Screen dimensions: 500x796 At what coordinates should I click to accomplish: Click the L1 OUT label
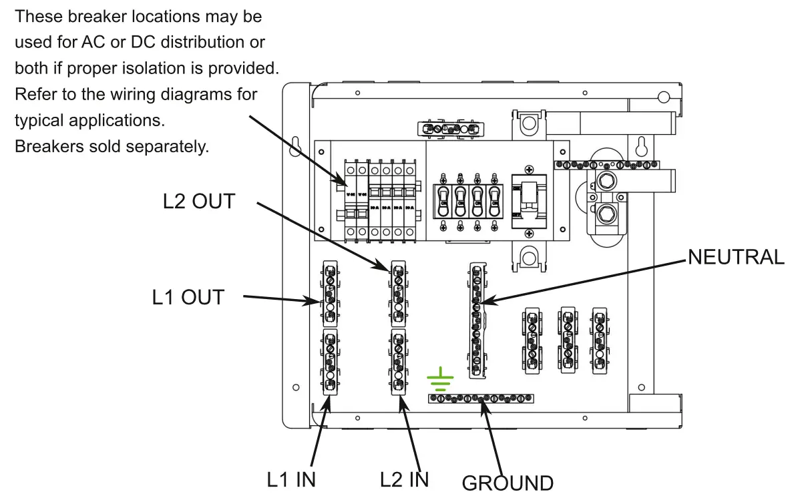188,297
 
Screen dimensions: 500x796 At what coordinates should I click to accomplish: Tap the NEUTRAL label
736,257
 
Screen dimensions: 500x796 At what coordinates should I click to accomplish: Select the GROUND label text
508,483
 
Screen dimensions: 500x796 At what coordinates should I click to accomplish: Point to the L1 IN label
291,479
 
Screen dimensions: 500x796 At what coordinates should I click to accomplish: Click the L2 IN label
404,479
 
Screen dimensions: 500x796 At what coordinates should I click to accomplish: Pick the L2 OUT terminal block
398,294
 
